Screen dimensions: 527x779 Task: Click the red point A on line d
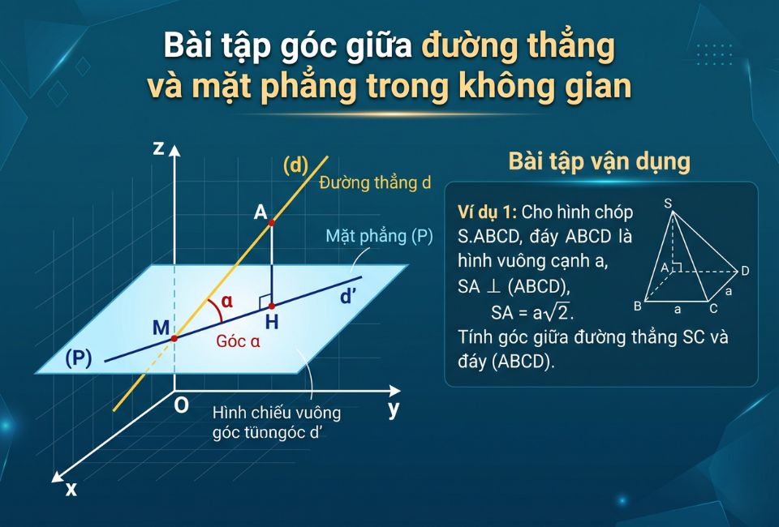[271, 221]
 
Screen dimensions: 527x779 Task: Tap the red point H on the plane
[271, 306]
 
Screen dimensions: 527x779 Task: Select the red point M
[174, 338]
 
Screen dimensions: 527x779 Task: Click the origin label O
[182, 405]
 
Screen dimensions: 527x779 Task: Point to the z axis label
[158, 148]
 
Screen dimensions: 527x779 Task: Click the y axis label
[394, 409]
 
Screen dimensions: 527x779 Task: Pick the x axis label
[71, 488]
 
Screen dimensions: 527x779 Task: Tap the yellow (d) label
[296, 165]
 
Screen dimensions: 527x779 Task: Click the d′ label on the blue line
[349, 297]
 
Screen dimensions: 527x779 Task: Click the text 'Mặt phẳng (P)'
[379, 237]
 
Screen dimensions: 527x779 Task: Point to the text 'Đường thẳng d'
[374, 183]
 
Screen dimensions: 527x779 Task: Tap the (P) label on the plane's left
[78, 358]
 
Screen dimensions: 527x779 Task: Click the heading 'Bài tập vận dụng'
[599, 161]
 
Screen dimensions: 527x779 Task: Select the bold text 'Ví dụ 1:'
[487, 213]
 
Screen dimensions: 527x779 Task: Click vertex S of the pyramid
[669, 204]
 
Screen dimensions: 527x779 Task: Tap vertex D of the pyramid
[744, 270]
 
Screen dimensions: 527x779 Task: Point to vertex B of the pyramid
[638, 306]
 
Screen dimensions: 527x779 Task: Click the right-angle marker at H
[265, 301]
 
